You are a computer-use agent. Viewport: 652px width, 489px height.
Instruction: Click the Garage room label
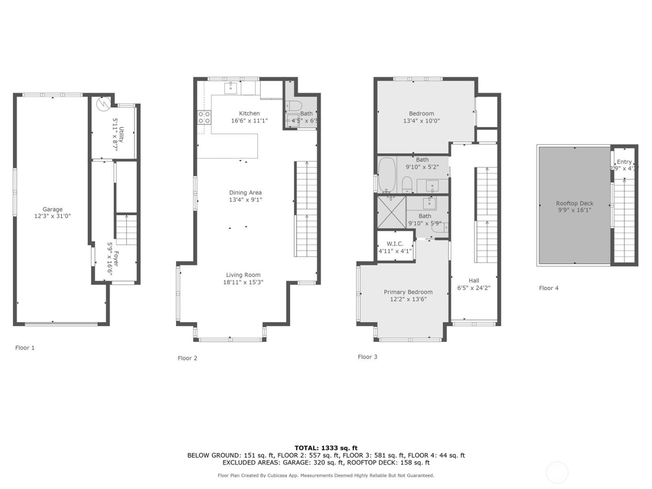(x=52, y=210)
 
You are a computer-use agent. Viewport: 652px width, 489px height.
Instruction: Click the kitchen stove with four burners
(x=204, y=117)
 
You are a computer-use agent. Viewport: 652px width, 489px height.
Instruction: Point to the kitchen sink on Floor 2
(x=231, y=87)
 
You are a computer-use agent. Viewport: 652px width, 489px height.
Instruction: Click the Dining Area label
(x=245, y=193)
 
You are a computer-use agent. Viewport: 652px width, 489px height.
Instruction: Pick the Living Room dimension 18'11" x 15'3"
(x=243, y=282)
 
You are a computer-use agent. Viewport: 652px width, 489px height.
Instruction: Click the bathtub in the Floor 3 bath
(x=387, y=175)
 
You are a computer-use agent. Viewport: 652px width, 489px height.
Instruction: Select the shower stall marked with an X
(x=391, y=212)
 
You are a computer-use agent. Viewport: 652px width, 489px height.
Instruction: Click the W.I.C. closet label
(x=395, y=244)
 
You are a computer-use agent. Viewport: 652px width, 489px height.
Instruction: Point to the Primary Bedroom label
(x=408, y=292)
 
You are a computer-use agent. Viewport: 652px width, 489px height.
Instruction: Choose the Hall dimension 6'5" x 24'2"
(x=474, y=288)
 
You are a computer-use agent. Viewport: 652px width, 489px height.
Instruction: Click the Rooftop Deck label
(x=574, y=204)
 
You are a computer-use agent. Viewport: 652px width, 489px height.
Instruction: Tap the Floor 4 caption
(x=549, y=288)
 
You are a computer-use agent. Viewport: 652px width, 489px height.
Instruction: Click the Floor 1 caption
(x=25, y=348)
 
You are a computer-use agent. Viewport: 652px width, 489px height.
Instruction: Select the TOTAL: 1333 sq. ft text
(x=326, y=448)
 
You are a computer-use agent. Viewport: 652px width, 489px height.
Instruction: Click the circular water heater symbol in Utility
(x=103, y=104)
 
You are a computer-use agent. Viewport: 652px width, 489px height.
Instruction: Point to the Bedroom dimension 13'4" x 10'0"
(x=421, y=121)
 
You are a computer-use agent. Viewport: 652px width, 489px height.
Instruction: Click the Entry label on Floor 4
(x=624, y=162)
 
